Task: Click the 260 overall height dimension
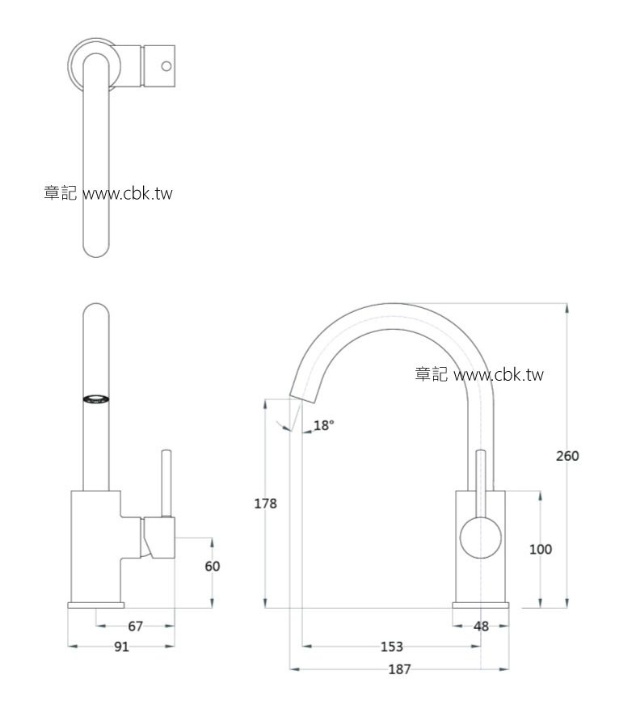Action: (567, 456)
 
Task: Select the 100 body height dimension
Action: (541, 550)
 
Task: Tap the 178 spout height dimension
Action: (266, 504)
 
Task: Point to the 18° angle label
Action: (323, 425)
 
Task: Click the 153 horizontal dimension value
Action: (391, 646)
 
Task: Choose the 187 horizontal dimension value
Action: (399, 669)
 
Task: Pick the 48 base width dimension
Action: (481, 626)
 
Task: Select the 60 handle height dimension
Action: (212, 567)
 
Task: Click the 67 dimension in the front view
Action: (135, 626)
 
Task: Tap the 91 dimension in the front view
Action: (122, 647)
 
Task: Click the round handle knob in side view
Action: (480, 539)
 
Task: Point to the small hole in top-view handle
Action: (166, 66)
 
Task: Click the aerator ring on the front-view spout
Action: (96, 399)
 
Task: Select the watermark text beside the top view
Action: (108, 194)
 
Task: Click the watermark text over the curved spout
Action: (479, 374)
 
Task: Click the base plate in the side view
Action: (481, 605)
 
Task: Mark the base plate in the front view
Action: (96, 605)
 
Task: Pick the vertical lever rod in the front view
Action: (166, 483)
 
